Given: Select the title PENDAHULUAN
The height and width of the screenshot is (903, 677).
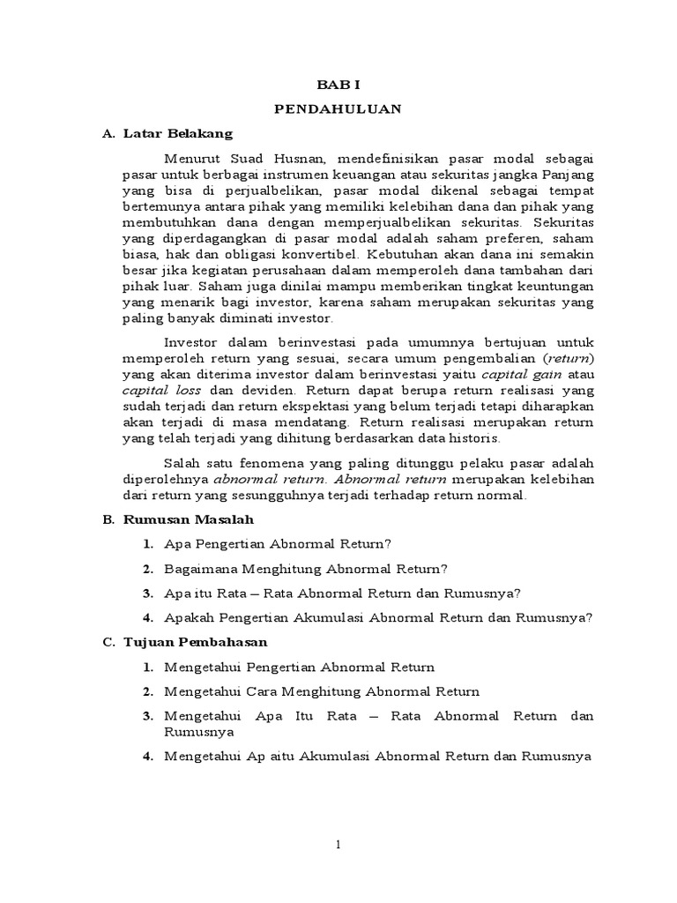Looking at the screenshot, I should tap(338, 108).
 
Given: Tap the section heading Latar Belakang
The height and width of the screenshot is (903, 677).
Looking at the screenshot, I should tap(176, 134).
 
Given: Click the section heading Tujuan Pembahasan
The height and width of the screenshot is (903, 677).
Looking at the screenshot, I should tap(190, 642).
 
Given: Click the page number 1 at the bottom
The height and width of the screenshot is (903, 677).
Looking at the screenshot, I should tap(338, 845).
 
